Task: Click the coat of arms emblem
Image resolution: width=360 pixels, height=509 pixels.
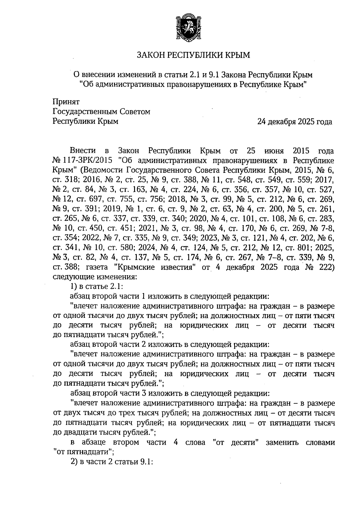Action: pyautogui.click(x=187, y=27)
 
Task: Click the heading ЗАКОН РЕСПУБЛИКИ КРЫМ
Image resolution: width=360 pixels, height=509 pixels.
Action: pyautogui.click(x=193, y=55)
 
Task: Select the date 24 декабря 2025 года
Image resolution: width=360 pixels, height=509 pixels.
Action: pyautogui.click(x=295, y=122)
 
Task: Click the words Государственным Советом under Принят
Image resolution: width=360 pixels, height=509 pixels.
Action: pyautogui.click(x=101, y=112)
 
